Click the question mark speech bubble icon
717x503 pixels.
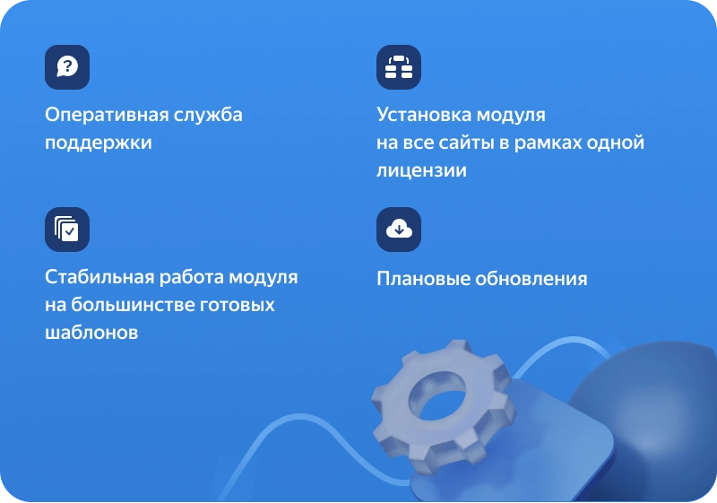(67, 66)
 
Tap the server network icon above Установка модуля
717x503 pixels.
(399, 66)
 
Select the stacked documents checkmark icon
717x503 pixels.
(67, 230)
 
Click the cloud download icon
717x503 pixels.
(399, 230)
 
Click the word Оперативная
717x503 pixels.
(107, 116)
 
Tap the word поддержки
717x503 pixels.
(99, 143)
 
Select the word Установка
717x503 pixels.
(424, 115)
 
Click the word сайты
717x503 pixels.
(465, 143)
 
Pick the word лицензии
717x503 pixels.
(421, 171)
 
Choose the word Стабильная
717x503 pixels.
(99, 277)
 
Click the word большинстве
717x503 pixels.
(133, 305)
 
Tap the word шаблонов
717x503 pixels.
(91, 333)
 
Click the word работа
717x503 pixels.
(192, 278)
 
